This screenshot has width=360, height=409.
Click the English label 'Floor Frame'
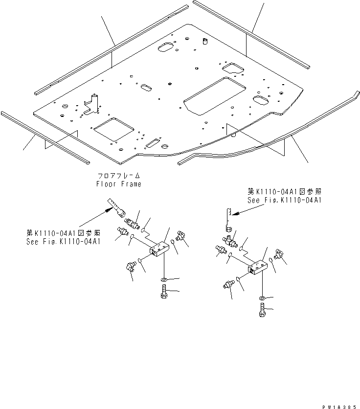[x=119, y=184]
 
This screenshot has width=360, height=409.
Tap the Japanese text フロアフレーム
[x=119, y=176]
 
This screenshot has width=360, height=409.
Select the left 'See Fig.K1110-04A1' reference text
[x=63, y=242]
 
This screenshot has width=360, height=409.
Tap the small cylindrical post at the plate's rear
[x=204, y=40]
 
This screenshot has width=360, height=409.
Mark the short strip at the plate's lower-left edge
[x=44, y=137]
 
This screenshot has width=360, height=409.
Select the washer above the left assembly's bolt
[x=163, y=280]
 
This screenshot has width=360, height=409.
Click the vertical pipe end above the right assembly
[x=227, y=217]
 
